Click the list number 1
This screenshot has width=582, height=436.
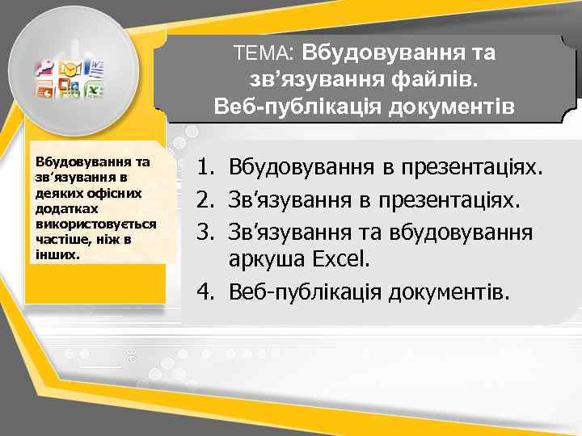point(207,168)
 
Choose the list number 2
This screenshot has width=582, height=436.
point(207,199)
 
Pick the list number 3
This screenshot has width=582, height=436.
point(207,232)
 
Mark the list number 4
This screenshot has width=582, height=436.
point(207,291)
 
